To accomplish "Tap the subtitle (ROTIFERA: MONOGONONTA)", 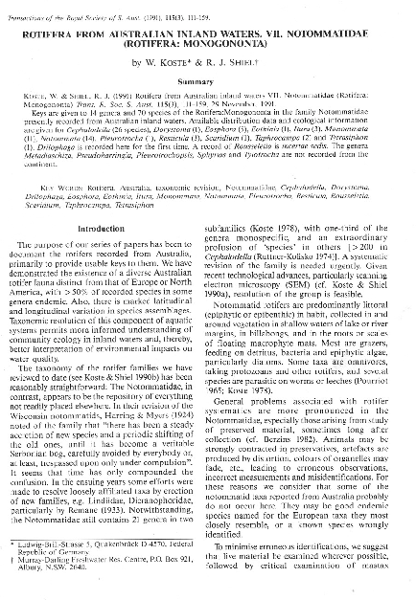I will pyautogui.click(x=208, y=44).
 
